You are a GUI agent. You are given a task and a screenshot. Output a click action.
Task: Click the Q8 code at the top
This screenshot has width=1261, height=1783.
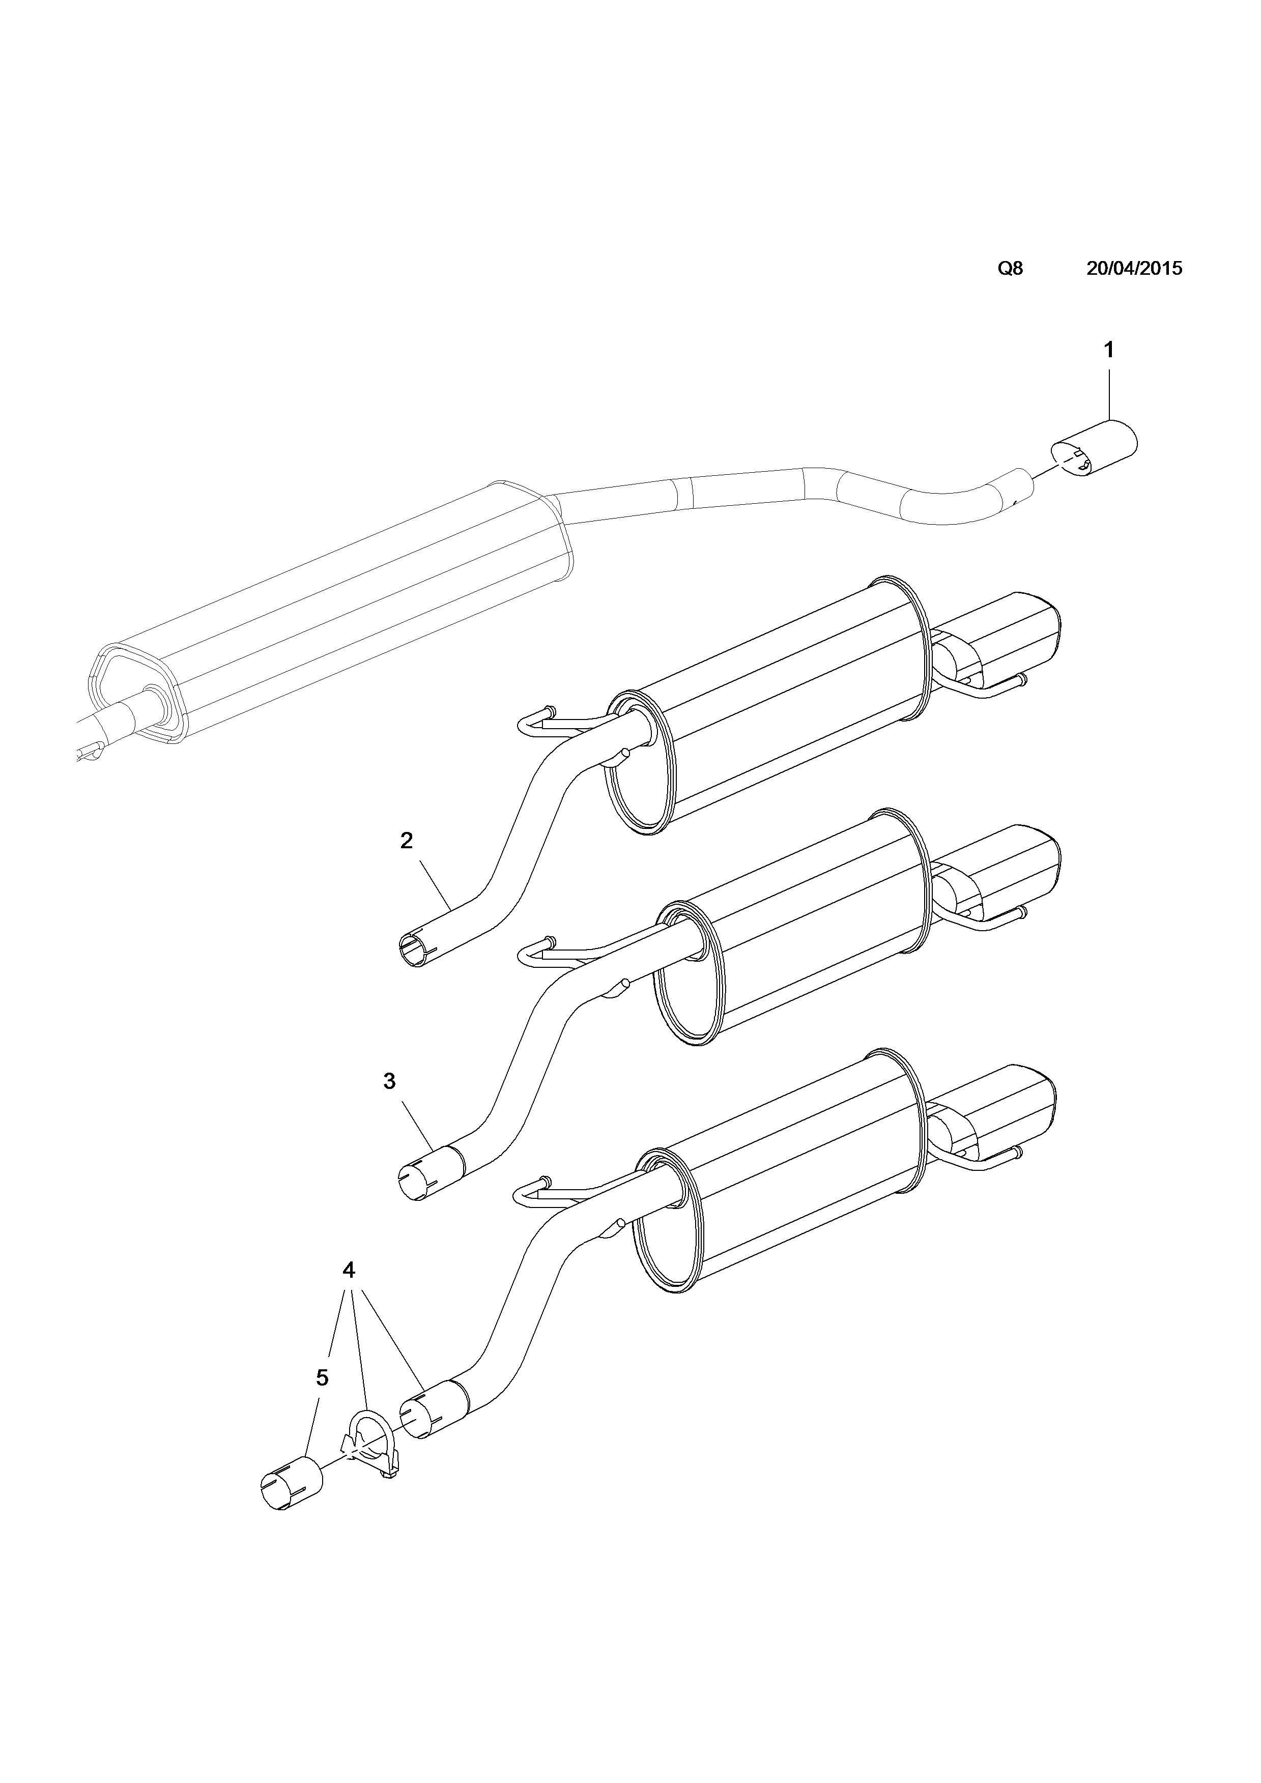click(x=1010, y=269)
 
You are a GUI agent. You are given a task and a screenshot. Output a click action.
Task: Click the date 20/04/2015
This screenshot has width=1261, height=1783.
click(x=1134, y=269)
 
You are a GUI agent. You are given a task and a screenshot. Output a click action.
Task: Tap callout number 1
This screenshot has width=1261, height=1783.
click(x=1109, y=350)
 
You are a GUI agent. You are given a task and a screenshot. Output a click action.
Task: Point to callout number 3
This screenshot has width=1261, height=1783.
click(x=390, y=1081)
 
